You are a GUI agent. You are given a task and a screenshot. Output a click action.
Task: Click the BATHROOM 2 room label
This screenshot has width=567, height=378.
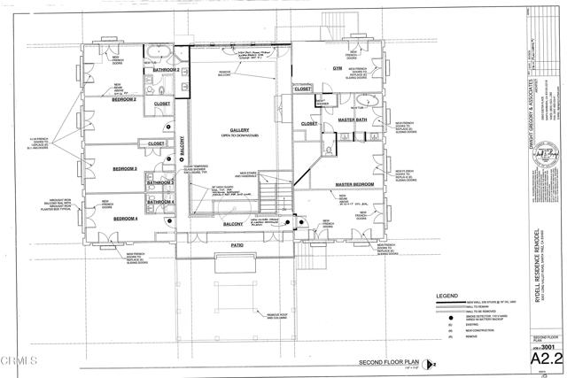click(167, 69)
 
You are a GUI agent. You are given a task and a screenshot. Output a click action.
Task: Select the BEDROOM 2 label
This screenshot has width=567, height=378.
click(123, 100)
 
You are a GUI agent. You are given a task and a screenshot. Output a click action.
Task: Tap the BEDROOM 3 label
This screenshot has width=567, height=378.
click(124, 168)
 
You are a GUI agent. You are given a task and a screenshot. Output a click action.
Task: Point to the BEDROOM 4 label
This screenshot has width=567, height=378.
click(125, 217)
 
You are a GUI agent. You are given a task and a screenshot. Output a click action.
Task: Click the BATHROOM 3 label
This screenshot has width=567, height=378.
click(160, 182)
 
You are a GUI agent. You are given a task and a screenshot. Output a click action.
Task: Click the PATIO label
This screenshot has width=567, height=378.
click(237, 244)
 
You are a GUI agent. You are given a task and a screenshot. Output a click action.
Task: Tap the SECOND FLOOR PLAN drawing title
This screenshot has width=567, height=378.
click(391, 363)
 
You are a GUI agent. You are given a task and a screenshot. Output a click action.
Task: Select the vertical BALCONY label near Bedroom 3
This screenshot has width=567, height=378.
click(182, 146)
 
